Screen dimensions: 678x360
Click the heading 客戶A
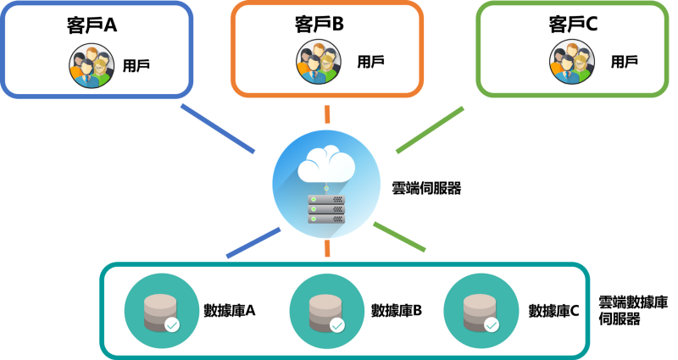[92, 25]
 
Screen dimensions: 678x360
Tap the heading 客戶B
[320, 25]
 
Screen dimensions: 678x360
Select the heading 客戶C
[573, 25]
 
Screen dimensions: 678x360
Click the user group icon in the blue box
[92, 66]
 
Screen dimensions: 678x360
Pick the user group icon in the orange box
[319, 62]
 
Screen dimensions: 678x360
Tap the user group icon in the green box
[572, 62]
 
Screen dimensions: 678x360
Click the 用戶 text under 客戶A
[136, 66]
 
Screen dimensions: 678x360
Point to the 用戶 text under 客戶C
[625, 62]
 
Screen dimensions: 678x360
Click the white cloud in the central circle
[326, 163]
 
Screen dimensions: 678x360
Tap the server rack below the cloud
[326, 209]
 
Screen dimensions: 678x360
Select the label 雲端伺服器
[426, 188]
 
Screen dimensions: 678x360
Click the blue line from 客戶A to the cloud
[218, 129]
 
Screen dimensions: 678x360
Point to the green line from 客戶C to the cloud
[430, 130]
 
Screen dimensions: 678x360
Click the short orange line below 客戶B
[327, 114]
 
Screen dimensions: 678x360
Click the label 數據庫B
[397, 310]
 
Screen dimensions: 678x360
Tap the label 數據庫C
[553, 310]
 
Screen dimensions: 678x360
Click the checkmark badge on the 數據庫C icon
[492, 324]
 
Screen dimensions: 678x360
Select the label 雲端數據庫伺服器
[633, 310]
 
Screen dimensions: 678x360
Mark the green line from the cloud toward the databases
[399, 236]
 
